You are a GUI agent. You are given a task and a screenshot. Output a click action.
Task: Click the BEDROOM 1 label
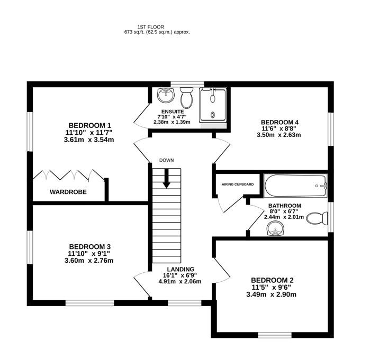(89, 125)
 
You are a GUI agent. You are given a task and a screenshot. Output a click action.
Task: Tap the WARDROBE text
(68, 192)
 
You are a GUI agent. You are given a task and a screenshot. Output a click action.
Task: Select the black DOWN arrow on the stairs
(167, 179)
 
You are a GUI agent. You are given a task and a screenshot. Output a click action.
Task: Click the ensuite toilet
(187, 98)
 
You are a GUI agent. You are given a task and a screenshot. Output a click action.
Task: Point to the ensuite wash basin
(166, 95)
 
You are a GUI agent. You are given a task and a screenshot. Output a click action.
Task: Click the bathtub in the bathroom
(295, 186)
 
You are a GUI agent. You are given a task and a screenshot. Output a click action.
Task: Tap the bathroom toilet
(317, 218)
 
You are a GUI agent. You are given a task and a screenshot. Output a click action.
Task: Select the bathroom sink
(276, 229)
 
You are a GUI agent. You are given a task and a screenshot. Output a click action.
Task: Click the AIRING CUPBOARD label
(238, 184)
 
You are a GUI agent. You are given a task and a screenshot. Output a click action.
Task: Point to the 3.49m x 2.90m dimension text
(272, 294)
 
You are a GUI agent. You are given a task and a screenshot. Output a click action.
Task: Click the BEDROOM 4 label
(279, 122)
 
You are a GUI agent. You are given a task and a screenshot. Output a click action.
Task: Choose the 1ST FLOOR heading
(151, 27)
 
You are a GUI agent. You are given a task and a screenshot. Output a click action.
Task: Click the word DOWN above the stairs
(167, 161)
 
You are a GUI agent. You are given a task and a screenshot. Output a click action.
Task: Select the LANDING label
(181, 269)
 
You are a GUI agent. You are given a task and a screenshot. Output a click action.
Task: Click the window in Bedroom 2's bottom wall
(275, 335)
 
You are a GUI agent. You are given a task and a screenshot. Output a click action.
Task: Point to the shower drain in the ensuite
(213, 115)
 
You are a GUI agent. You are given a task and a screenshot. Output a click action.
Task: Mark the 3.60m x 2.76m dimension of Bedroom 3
(89, 261)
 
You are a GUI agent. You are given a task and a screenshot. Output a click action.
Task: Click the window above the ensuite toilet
(187, 84)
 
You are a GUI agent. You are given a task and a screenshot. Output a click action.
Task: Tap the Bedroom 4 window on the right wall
(331, 130)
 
